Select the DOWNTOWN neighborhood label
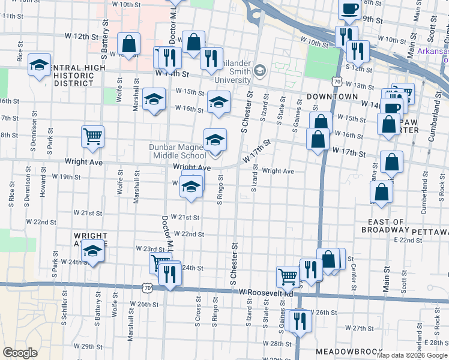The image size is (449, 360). coord(333,97)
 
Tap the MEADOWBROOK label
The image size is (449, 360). coord(342,351)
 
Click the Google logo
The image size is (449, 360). coord(19,353)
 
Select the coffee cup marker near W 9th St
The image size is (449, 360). coord(349,8)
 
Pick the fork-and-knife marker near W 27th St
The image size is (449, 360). coord(298,321)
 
